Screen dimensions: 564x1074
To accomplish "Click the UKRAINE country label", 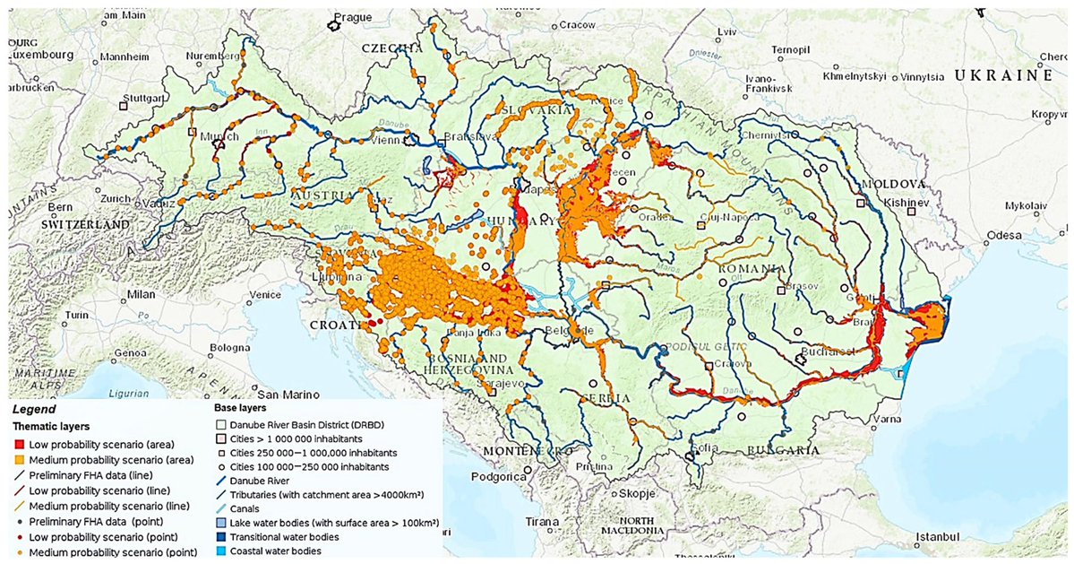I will tap(1002, 77).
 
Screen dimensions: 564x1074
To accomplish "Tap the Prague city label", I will tap(352, 17).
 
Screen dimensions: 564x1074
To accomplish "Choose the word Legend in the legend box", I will tap(34, 408).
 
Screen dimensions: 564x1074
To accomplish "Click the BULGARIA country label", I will tap(782, 449).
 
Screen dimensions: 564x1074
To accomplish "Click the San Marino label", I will tap(288, 394).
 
